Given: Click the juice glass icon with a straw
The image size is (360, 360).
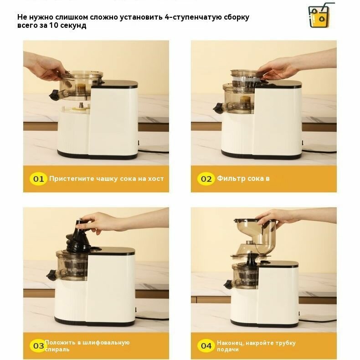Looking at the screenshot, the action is (x=321, y=15).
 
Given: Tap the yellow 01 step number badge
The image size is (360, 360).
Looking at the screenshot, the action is (x=38, y=179).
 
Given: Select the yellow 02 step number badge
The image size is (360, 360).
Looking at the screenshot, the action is (x=206, y=179).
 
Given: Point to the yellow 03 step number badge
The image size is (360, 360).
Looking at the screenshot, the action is (x=38, y=345).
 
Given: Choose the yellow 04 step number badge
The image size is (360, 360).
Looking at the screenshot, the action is (x=206, y=345).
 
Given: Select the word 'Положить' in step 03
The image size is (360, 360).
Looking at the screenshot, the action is (x=60, y=342).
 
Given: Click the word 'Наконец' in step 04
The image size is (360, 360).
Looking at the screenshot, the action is (x=230, y=343).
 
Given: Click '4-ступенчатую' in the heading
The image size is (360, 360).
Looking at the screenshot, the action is (x=190, y=17).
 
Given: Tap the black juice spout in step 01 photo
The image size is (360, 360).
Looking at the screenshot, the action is (x=54, y=95).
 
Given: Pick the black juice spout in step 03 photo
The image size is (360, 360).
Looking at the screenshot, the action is (x=51, y=275).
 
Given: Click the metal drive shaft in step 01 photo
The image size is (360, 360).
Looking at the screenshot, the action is (x=82, y=105).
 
